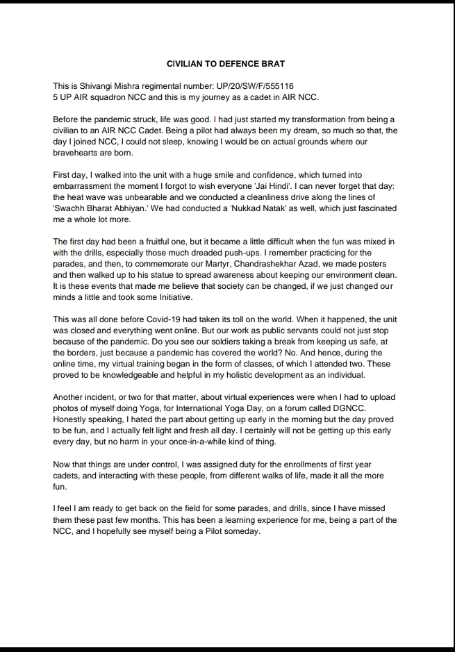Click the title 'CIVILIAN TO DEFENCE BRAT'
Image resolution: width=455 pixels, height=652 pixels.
click(227, 62)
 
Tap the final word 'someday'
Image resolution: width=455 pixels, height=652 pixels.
click(240, 532)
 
